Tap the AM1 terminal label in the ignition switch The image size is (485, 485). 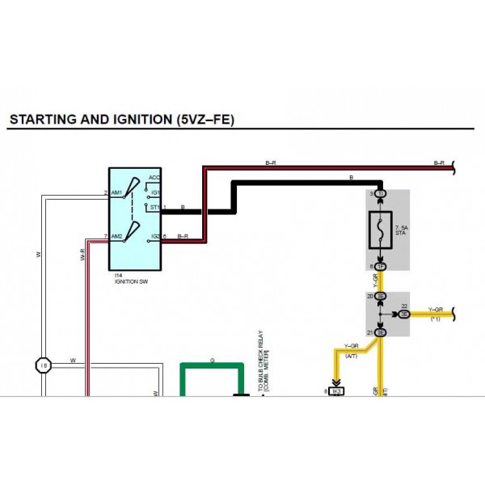116,193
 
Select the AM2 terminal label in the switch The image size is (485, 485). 116,237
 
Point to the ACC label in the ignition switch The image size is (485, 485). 154,177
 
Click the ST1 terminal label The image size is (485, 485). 155,208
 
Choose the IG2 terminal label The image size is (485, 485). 155,237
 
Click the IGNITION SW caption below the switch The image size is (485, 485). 130,283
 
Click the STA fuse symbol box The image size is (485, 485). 380,230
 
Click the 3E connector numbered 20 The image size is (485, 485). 380,297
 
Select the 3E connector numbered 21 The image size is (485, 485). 380,332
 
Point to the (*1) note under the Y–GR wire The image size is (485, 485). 436,320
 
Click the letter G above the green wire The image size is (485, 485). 212,360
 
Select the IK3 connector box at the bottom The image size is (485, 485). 338,391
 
